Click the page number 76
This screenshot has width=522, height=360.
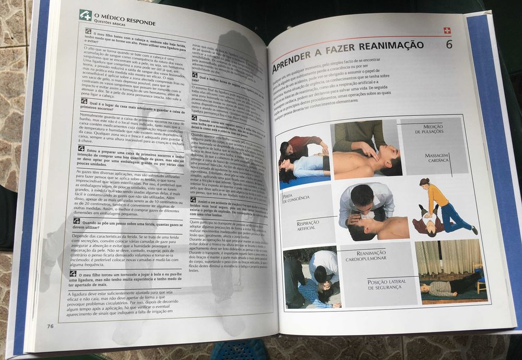[x=50, y=326]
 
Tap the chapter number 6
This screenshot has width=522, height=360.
[x=448, y=44]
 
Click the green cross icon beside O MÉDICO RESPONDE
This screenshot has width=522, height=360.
[x=85, y=16]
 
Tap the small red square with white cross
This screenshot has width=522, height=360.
[x=446, y=31]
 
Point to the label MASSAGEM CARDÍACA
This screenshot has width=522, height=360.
[x=437, y=158]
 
